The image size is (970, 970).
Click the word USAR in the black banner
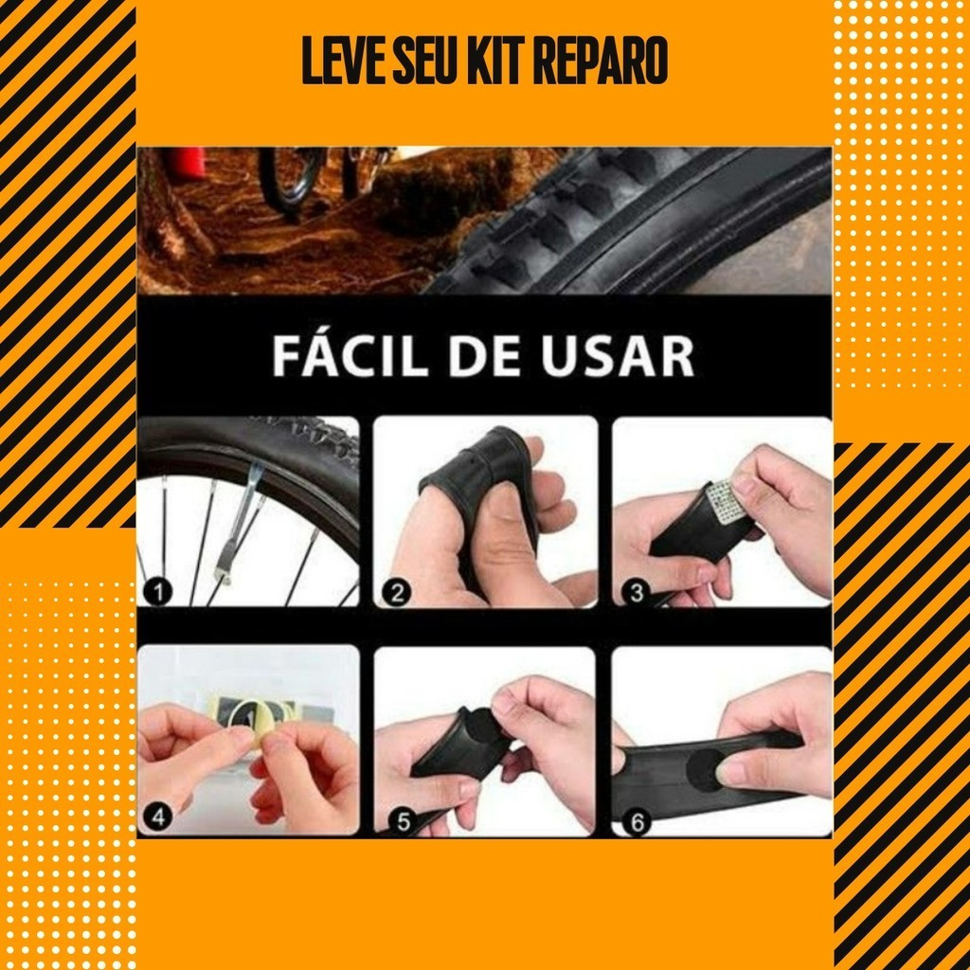tap(618, 356)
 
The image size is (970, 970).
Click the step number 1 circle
tap(158, 592)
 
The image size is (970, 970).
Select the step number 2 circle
tap(397, 593)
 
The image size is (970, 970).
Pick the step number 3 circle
tap(637, 593)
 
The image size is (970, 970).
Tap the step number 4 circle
tap(158, 817)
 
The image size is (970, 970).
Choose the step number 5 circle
tap(403, 822)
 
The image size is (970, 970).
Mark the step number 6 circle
tap(638, 822)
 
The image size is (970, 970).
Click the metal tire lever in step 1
tap(240, 526)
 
